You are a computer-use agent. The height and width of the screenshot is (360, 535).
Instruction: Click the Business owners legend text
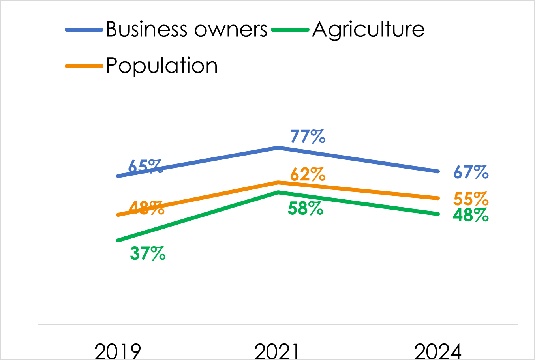pyautogui.click(x=186, y=30)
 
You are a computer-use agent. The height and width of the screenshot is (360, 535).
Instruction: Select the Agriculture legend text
pyautogui.click(x=368, y=30)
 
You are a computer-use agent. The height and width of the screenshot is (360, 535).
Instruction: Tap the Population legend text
pyautogui.click(x=162, y=66)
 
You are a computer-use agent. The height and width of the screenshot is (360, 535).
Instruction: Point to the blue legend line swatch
pyautogui.click(x=84, y=30)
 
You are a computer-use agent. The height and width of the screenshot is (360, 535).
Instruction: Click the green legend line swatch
pyautogui.click(x=290, y=30)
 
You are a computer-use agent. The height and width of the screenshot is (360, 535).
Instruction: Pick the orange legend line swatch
pyautogui.click(x=84, y=66)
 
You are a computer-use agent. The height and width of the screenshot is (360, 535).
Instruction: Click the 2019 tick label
pyautogui.click(x=118, y=351)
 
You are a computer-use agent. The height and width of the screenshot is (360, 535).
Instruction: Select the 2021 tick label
pyautogui.click(x=278, y=351)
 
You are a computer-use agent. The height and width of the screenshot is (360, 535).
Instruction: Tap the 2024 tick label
pyautogui.click(x=438, y=351)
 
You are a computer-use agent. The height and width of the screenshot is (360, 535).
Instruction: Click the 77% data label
pyautogui.click(x=308, y=137)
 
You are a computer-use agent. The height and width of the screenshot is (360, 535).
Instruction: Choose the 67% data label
pyautogui.click(x=471, y=172)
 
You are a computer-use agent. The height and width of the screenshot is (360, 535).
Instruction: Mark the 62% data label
pyautogui.click(x=308, y=174)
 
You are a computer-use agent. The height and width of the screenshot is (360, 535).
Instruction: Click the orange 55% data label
pyautogui.click(x=471, y=199)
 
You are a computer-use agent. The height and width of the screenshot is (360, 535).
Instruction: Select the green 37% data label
pyautogui.click(x=148, y=253)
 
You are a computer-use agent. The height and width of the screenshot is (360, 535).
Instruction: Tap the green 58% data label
pyautogui.click(x=306, y=208)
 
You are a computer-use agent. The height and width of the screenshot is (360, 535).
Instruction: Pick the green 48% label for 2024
pyautogui.click(x=471, y=215)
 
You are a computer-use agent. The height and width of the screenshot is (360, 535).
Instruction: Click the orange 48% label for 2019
pyautogui.click(x=146, y=208)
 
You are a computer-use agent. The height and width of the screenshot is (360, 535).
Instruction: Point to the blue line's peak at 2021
pyautogui.click(x=278, y=148)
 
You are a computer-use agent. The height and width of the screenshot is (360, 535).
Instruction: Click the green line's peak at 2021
pyautogui.click(x=278, y=192)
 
